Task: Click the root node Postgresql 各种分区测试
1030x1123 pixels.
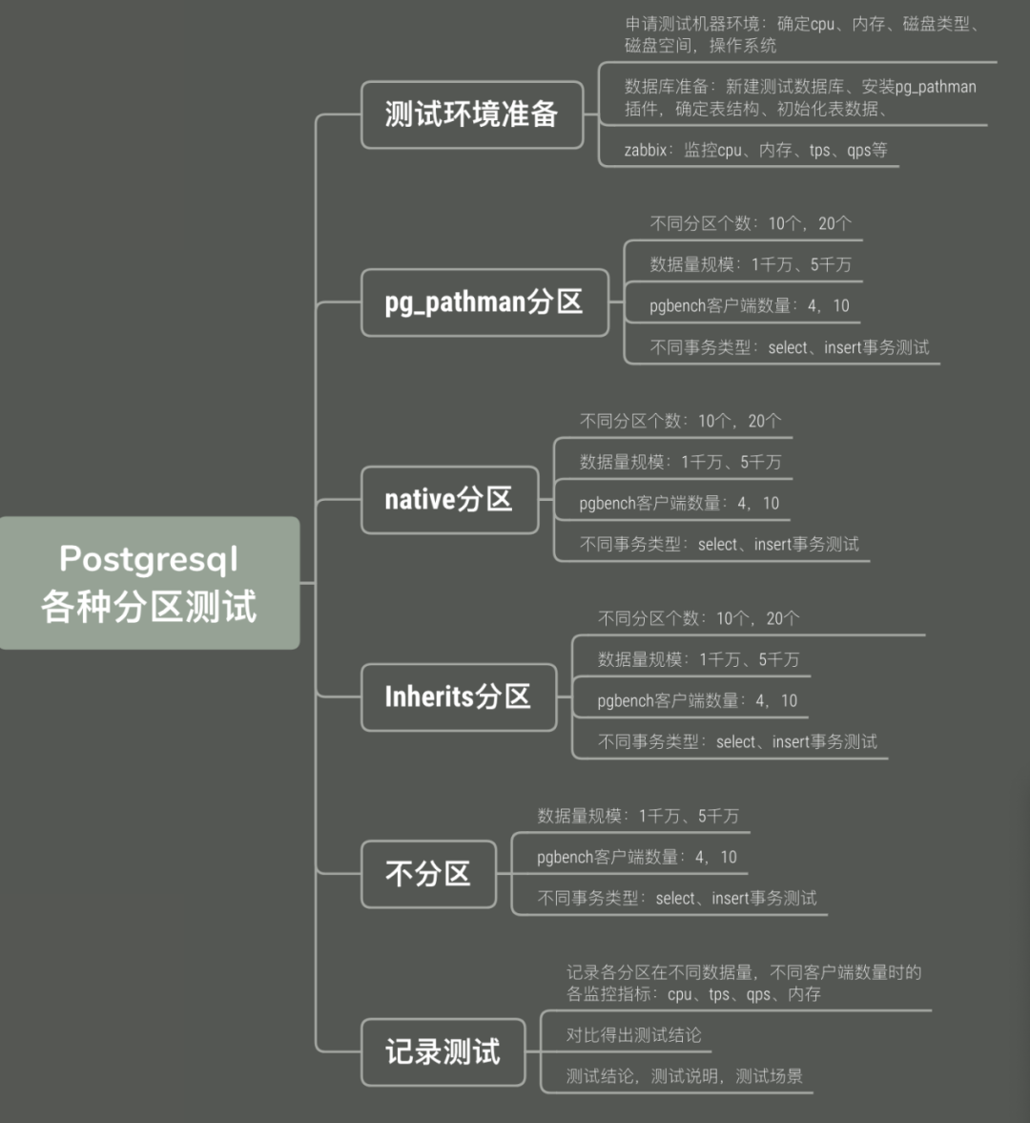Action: [x=149, y=583]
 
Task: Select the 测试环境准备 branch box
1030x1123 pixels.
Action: [x=471, y=114]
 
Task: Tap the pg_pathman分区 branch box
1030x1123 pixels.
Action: [x=484, y=302]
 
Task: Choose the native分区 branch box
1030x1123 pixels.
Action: [x=448, y=499]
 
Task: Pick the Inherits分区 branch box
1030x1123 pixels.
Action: [x=458, y=697]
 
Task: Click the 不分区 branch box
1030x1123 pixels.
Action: [x=427, y=874]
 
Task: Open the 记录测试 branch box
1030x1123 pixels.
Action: [x=443, y=1051]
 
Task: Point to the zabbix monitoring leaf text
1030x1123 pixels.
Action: [x=755, y=150]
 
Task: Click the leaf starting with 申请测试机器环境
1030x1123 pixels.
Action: [x=801, y=34]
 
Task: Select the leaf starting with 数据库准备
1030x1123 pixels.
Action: [x=799, y=97]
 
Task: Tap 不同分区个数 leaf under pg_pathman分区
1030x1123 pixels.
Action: [x=751, y=223]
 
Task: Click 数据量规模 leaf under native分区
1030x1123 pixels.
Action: [x=680, y=462]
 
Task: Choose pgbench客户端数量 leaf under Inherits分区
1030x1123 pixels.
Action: [x=697, y=700]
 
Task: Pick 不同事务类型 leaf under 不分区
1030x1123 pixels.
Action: [x=676, y=898]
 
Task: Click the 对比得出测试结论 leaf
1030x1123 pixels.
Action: [x=633, y=1035]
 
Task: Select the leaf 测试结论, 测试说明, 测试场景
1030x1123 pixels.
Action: [x=684, y=1076]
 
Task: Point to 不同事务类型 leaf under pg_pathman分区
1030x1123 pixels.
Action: [x=789, y=347]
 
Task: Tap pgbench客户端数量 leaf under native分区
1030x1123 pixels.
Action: [x=679, y=503]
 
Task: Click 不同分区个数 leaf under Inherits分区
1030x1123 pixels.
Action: [x=698, y=618]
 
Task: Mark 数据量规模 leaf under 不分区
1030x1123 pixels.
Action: [x=637, y=816]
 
